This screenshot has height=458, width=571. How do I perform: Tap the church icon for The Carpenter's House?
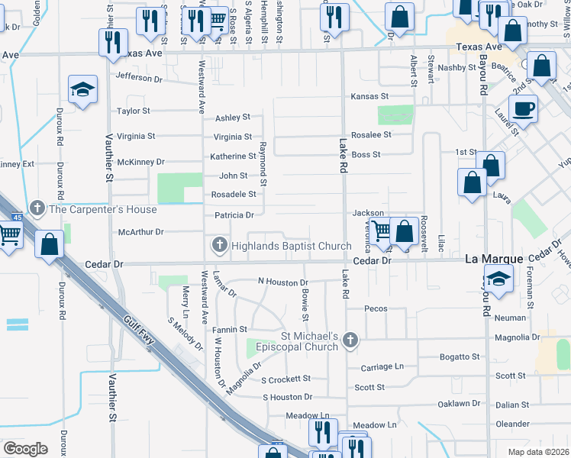(37, 208)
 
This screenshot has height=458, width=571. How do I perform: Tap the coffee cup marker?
(523, 108)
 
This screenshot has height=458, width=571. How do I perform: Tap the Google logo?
(25, 448)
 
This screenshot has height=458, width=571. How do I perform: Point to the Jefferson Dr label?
(140, 77)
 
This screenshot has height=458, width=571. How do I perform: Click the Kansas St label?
(369, 97)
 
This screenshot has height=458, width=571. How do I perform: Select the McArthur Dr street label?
(141, 231)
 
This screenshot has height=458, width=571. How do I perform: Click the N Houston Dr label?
(282, 282)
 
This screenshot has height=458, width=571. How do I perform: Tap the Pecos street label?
(377, 309)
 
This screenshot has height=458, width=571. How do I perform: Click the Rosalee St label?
(371, 135)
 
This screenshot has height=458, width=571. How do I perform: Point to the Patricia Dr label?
(234, 215)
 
